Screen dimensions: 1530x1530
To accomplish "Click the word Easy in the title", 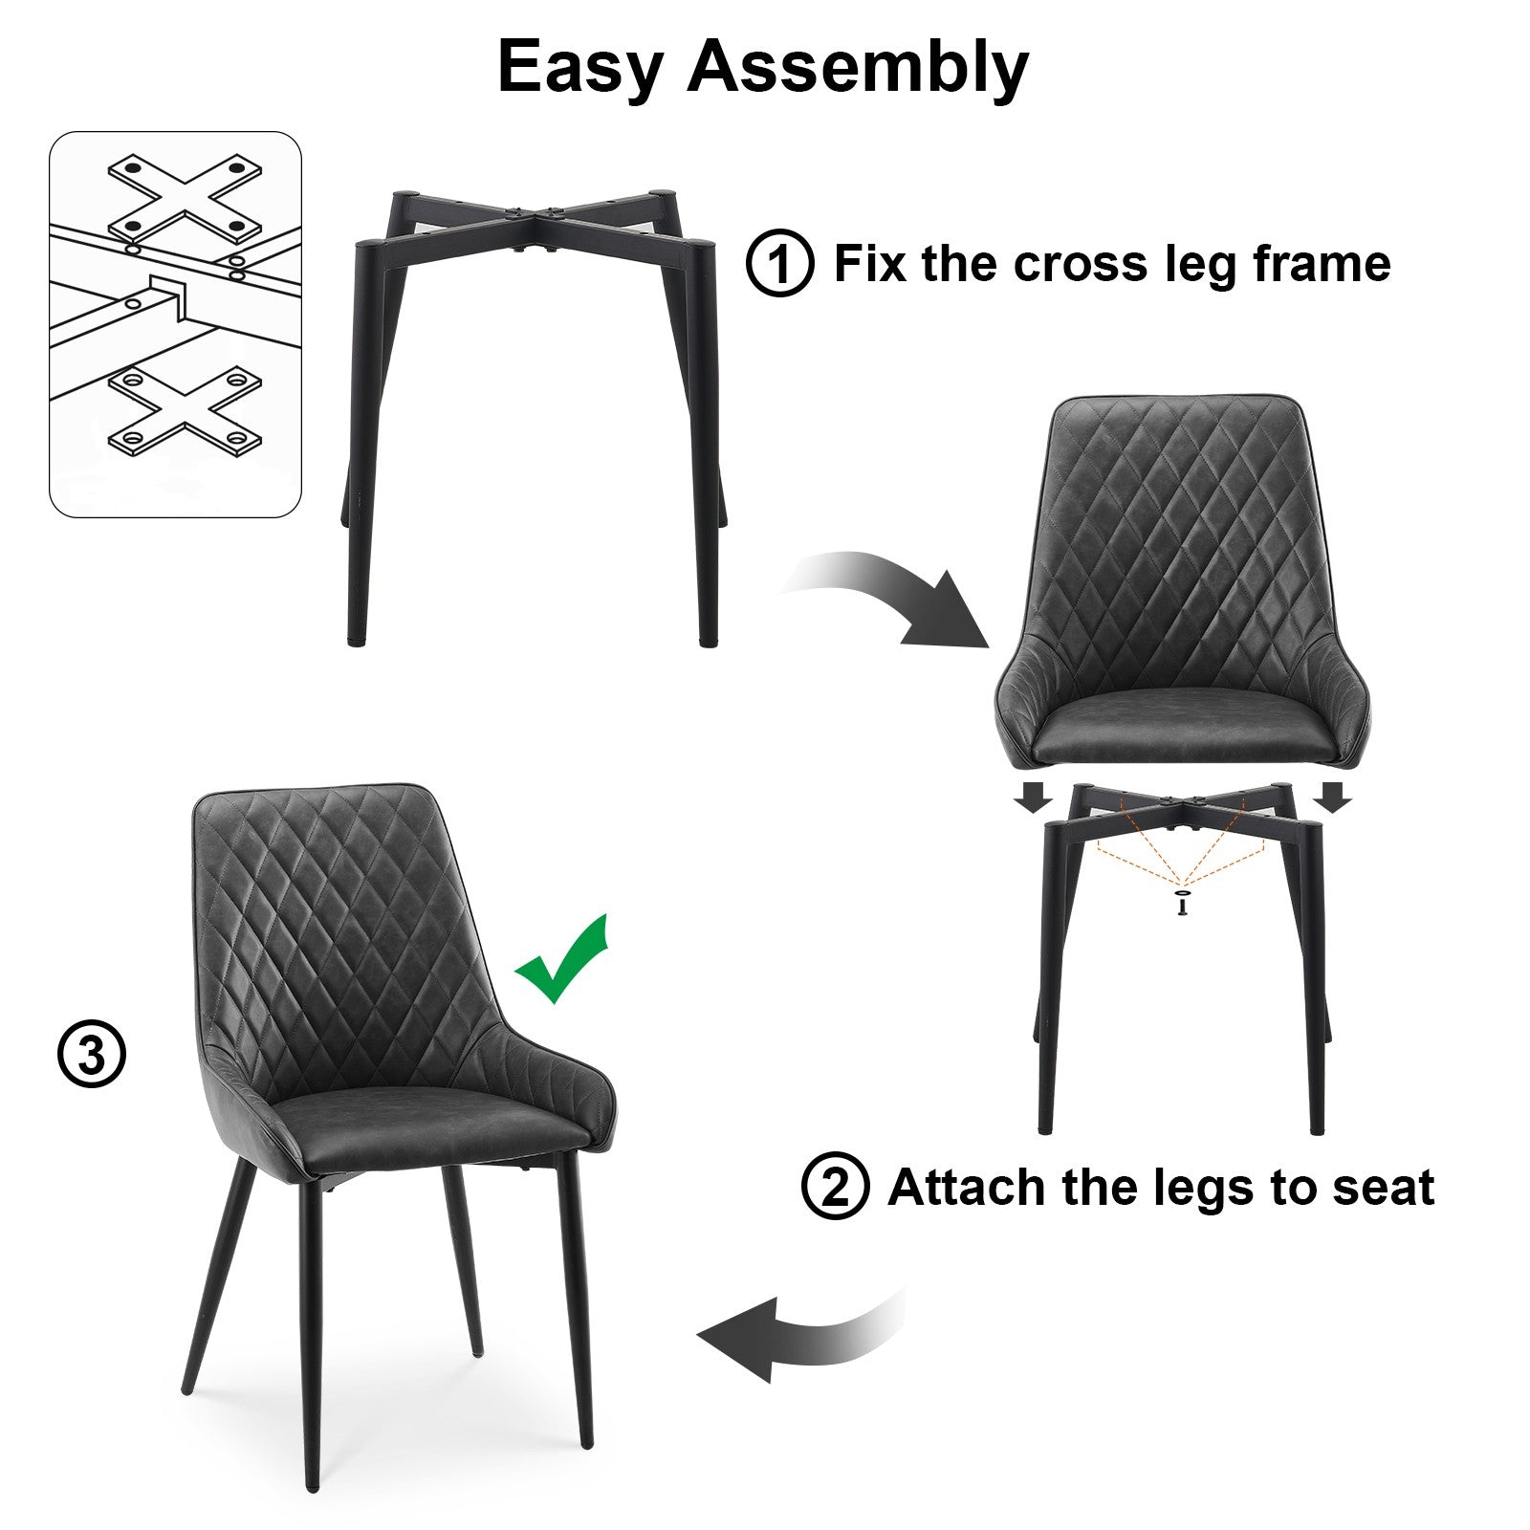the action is click(579, 69).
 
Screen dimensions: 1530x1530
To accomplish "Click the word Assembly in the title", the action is click(858, 67).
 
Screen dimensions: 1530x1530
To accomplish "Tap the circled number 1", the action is click(779, 263).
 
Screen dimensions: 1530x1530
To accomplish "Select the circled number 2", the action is click(835, 1187).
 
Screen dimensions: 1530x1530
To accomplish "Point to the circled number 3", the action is click(92, 1055).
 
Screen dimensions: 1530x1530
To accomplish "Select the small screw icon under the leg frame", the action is click(1185, 903).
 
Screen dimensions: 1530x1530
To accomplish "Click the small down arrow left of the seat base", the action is click(1033, 797).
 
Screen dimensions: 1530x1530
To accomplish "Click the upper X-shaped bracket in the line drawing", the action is click(185, 199).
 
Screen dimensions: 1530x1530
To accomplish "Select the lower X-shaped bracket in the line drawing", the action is click(185, 411).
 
